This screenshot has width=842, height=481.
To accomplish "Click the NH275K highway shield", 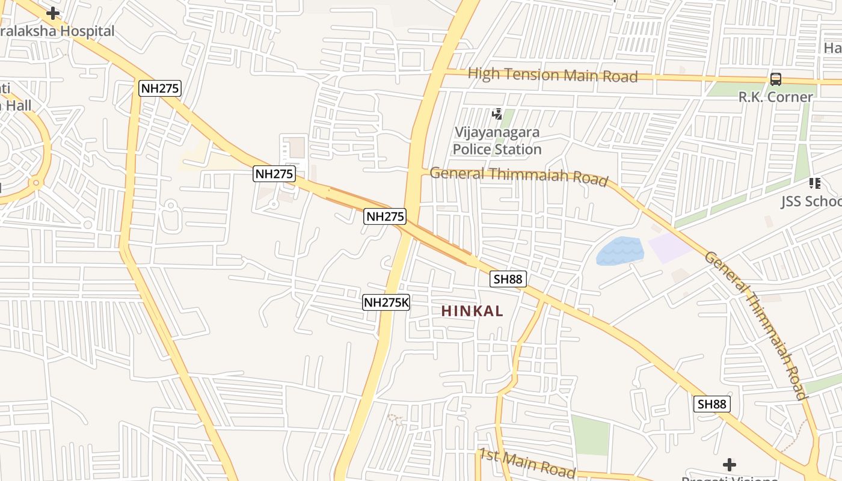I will coord(386,302).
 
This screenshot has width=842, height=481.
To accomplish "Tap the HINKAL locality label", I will coord(472,311).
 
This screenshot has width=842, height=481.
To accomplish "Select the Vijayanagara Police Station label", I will coord(497,141).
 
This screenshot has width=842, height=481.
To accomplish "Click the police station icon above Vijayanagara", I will coord(497,114).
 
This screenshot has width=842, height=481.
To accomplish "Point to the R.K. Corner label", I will coord(775,97).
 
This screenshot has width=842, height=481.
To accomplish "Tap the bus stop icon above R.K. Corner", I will coord(776,79).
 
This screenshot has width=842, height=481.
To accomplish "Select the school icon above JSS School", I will coord(815,183).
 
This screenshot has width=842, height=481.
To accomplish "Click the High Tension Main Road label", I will coord(552,75).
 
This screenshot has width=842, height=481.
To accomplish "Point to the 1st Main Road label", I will coord(527,462).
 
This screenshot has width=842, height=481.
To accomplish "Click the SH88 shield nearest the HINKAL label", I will coord(508,278).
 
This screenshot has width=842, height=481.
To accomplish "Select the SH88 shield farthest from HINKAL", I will coord(712,404).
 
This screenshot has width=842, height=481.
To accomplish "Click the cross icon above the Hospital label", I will coord(53,13).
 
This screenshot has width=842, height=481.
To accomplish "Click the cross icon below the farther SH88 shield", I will coord(729,464).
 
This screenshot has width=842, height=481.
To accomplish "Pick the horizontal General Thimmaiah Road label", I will coord(518,176).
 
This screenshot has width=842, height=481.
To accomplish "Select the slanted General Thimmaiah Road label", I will coord(755,325).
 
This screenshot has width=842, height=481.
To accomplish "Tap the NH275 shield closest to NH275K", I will coord(385,216).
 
